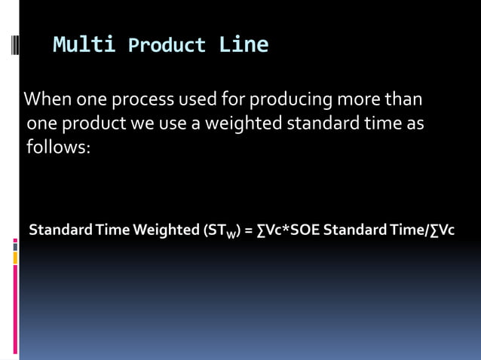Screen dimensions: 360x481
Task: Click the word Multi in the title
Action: pos(84,45)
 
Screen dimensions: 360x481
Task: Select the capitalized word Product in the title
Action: pos(167,46)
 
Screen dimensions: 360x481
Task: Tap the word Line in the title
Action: pos(244,45)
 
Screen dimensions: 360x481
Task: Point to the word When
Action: pos(46,99)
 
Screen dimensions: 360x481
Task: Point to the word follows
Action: pos(58,147)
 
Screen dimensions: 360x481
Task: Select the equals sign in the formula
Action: pos(248,230)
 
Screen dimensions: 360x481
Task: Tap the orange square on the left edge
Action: pos(14,258)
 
